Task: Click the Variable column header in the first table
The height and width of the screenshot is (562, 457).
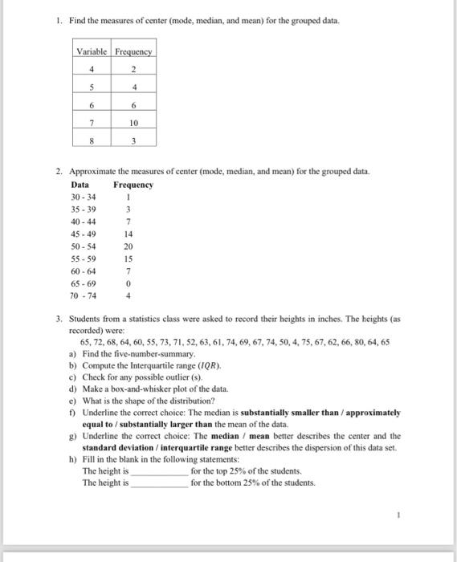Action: pos(92,52)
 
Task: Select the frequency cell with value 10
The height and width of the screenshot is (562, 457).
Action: pos(133,124)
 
